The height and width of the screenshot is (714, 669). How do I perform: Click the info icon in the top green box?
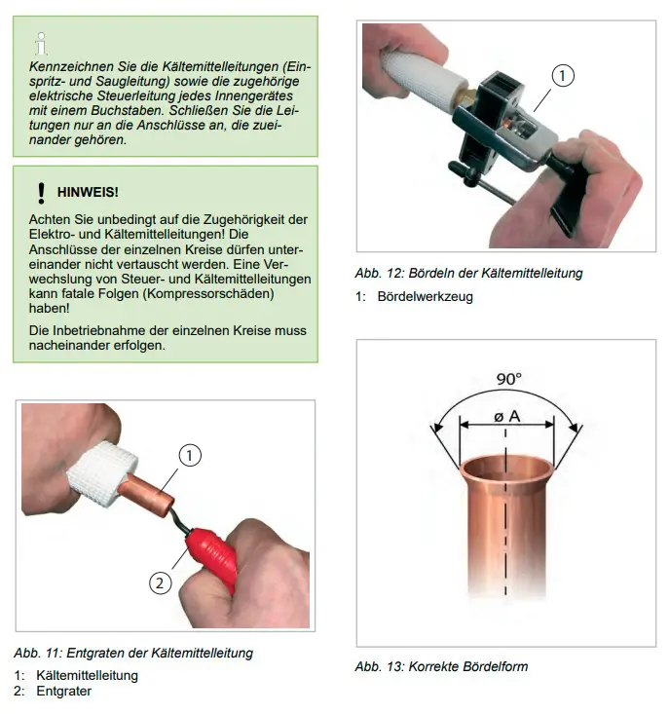(x=42, y=44)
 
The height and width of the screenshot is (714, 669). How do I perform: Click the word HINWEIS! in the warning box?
(x=88, y=192)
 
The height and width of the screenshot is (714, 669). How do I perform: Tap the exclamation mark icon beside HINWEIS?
(x=42, y=193)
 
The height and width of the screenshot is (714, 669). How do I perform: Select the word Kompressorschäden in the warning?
(x=208, y=293)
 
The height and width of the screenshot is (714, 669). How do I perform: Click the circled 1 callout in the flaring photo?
(x=563, y=76)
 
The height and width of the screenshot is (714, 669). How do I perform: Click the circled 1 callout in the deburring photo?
(x=189, y=455)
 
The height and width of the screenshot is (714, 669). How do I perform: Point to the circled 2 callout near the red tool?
(x=161, y=582)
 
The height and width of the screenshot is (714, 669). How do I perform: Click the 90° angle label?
(x=508, y=379)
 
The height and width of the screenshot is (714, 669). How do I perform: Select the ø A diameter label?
(x=507, y=416)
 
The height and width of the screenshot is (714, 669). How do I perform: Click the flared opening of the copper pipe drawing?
(x=507, y=469)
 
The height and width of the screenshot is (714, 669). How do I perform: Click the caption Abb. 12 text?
(x=468, y=273)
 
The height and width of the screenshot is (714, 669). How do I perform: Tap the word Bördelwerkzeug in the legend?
(x=426, y=296)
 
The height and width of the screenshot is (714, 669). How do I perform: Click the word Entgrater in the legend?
(x=63, y=691)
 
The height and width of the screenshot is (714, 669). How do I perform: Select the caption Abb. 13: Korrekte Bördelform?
(x=441, y=666)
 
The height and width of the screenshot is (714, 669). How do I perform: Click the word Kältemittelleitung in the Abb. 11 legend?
(x=87, y=675)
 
